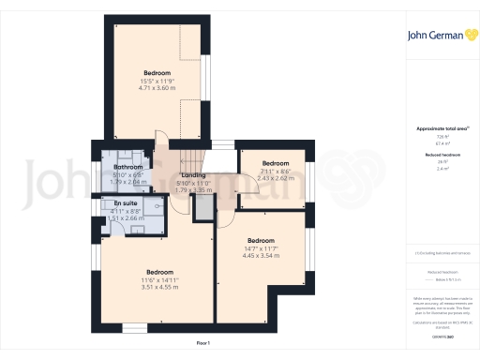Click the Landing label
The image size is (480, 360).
(x=193, y=175)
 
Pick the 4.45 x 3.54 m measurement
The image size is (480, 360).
(x=262, y=255)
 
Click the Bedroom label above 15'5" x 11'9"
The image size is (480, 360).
(x=157, y=72)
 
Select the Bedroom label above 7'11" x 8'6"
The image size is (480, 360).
(x=276, y=163)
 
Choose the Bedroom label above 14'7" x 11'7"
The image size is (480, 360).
(x=262, y=240)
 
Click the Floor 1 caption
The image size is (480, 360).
(x=202, y=345)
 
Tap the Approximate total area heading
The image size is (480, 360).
(x=438, y=127)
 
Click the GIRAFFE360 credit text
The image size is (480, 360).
(x=438, y=335)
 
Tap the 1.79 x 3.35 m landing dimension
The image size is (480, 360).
(x=193, y=189)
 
